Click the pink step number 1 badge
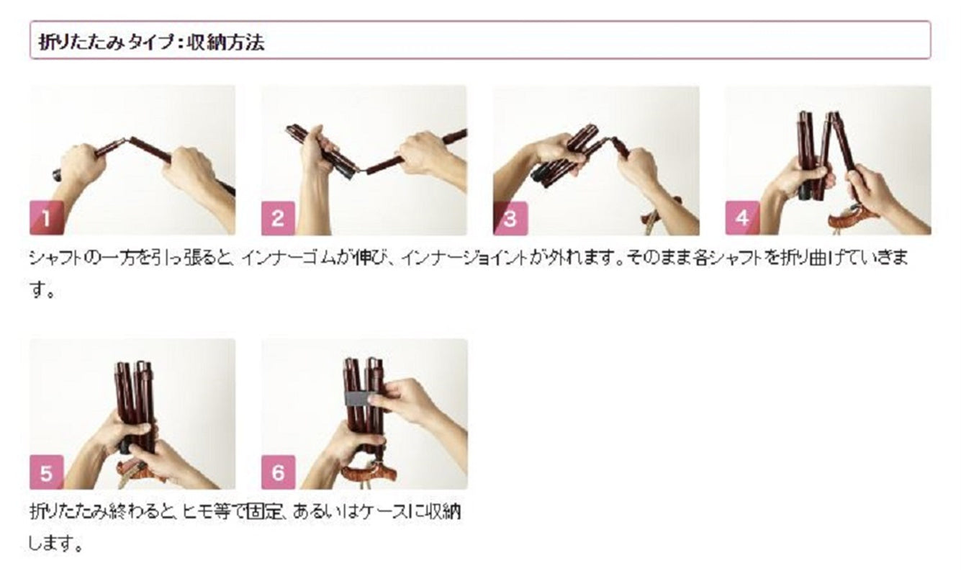pyautogui.click(x=47, y=218)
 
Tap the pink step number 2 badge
pyautogui.click(x=278, y=218)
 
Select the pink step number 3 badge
pyautogui.click(x=510, y=218)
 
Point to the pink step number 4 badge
pyautogui.click(x=743, y=218)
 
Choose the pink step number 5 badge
pyautogui.click(x=47, y=472)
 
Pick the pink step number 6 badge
pyautogui.click(x=278, y=472)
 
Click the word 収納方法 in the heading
pyautogui.click(x=225, y=42)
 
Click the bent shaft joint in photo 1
pyautogui.click(x=122, y=141)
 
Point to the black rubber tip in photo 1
pyautogui.click(x=58, y=175)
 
